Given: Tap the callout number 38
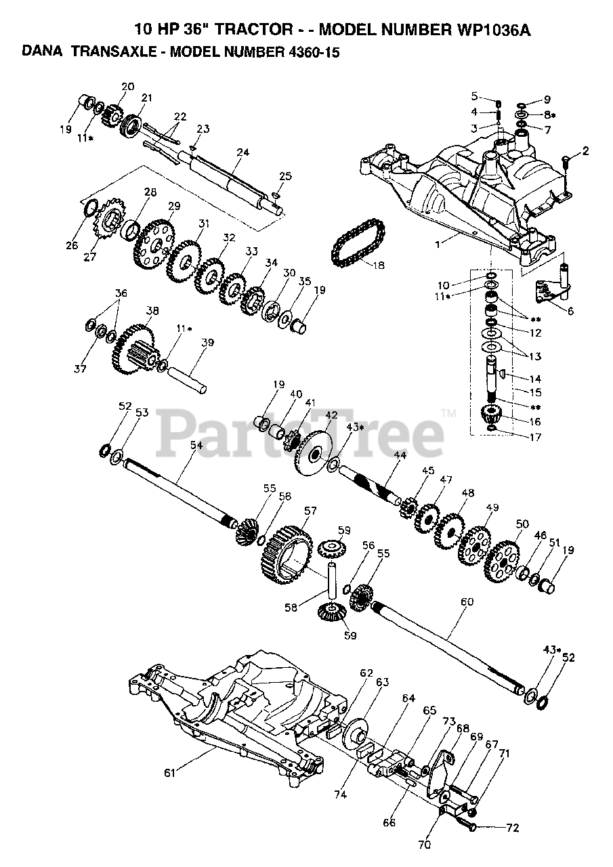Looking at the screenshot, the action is [152, 312].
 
